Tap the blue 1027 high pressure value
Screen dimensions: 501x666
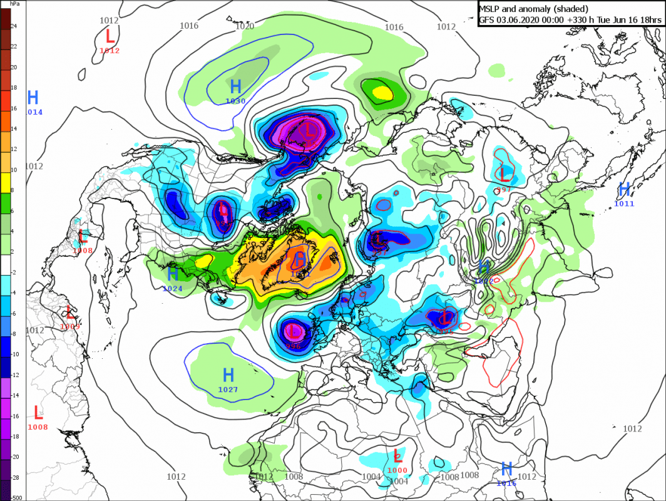pos(228,390)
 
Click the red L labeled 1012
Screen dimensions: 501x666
pos(110,35)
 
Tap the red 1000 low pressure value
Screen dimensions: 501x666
pos(397,470)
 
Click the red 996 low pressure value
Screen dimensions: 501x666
pos(293,344)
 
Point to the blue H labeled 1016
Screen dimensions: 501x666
pos(507,468)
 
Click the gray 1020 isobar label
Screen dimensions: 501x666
pos(244,26)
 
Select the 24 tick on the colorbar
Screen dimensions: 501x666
pos(14,26)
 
